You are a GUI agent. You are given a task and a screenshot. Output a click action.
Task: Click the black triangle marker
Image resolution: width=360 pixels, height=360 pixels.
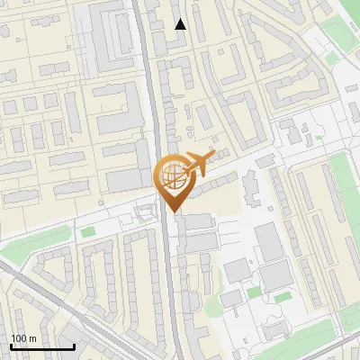point(181,24)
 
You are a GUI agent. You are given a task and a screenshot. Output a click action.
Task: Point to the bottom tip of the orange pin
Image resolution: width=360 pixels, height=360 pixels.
point(173,212)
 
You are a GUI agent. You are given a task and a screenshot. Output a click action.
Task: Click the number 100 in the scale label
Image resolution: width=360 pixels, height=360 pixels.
point(19,338)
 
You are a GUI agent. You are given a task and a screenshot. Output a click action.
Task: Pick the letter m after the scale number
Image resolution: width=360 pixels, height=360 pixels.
point(31,338)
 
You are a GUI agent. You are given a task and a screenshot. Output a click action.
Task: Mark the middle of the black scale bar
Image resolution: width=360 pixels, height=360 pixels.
point(42,346)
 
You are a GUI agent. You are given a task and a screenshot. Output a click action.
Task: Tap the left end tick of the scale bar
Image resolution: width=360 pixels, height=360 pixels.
point(11,346)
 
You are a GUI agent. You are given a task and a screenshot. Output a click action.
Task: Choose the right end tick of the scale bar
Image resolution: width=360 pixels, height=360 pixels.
point(74,346)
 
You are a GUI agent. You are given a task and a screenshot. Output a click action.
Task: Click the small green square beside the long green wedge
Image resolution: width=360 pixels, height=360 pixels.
point(87,232)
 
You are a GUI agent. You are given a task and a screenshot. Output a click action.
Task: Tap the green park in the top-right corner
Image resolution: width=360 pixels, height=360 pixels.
point(343,27)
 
